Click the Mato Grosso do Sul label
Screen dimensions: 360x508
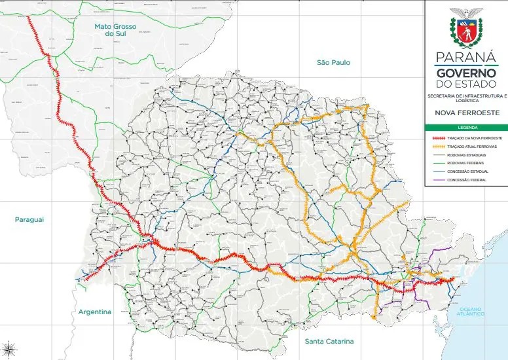pos(115,31)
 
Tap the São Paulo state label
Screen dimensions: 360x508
pos(333,62)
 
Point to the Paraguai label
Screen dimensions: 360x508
pos(29,219)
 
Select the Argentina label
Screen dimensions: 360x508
pos(95,312)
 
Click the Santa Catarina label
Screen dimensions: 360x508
pos(329,342)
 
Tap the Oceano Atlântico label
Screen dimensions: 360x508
pos(471,312)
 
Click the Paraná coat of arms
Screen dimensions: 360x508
pos(465,31)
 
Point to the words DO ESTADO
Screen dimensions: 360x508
pos(465,85)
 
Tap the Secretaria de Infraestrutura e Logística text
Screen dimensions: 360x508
pos(465,99)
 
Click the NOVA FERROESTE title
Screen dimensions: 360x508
pos(465,113)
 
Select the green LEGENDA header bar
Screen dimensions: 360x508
pos(465,128)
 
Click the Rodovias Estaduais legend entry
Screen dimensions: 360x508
pos(467,155)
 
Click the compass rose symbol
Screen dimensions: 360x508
pos(9,348)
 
